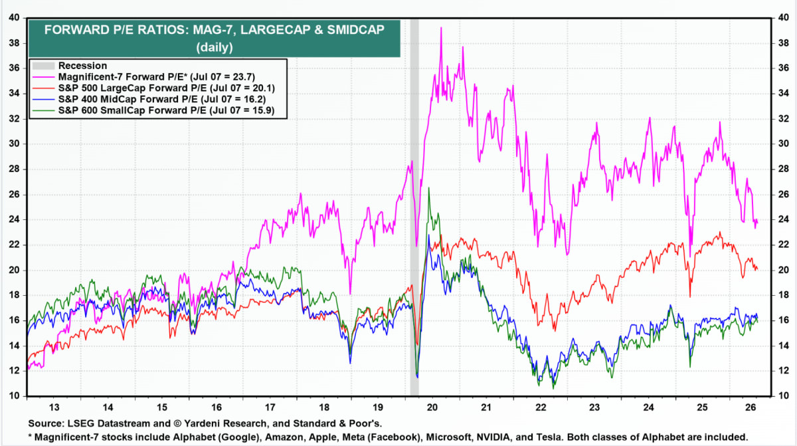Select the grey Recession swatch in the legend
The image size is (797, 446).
(x=43, y=66)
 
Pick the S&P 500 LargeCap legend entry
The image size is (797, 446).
(x=167, y=88)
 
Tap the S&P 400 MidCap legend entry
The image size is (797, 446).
(x=162, y=99)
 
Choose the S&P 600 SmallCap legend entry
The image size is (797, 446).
(x=167, y=110)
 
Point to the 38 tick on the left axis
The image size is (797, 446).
(x=14, y=43)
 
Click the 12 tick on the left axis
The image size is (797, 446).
(x=14, y=370)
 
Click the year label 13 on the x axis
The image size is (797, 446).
(x=54, y=407)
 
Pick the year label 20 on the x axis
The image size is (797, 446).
(x=432, y=407)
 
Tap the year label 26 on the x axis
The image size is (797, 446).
(x=751, y=407)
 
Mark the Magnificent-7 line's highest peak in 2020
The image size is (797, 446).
(x=441, y=27)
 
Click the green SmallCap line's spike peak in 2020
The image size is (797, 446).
(x=429, y=188)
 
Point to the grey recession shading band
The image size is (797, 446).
(x=414, y=207)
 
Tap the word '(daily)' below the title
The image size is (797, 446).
(x=214, y=47)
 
